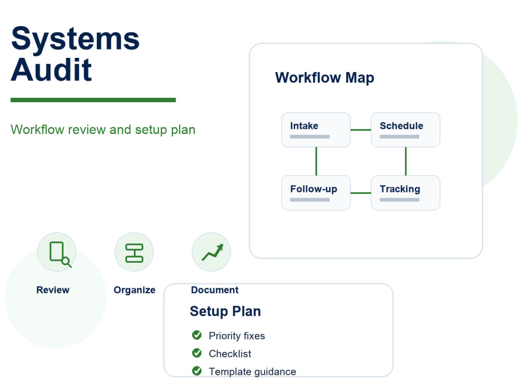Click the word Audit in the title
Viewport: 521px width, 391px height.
point(51,69)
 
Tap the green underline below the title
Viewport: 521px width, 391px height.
point(93,100)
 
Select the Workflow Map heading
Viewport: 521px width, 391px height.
point(325,78)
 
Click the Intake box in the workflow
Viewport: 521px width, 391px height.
point(316,130)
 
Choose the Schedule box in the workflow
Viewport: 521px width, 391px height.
point(405,130)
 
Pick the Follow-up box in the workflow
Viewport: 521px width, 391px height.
point(316,193)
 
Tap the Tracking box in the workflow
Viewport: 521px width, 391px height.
point(405,193)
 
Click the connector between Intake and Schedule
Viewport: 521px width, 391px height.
point(361,130)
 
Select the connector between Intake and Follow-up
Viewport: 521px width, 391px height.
point(316,161)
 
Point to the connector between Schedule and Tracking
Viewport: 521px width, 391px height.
point(406,161)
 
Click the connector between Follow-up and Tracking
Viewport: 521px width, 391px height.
point(361,193)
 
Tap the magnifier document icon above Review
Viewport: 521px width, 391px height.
point(60,254)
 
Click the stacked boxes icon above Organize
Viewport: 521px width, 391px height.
point(134,253)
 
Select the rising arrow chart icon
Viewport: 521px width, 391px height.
point(213,252)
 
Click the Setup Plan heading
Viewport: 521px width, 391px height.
point(225,312)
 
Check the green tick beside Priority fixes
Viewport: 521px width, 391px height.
point(197,335)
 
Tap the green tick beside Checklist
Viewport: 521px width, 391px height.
point(197,353)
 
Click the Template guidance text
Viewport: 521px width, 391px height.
point(252,372)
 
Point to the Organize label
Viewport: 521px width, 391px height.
point(134,290)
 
